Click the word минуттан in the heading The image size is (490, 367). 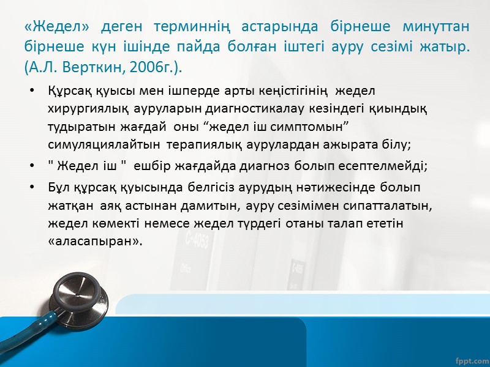coord(432,27)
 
